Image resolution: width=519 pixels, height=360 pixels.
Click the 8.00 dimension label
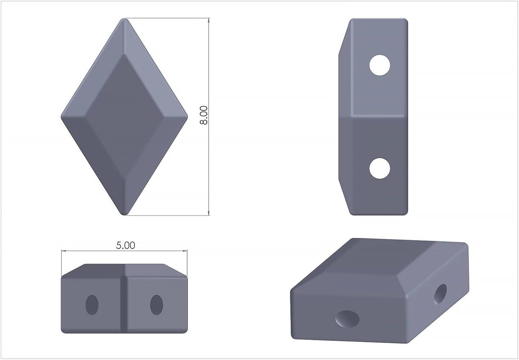click(204, 115)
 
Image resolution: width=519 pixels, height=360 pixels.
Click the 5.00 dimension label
click(125, 245)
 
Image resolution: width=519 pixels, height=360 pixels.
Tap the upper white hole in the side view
click(380, 65)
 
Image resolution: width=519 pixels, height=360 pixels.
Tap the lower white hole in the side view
click(380, 168)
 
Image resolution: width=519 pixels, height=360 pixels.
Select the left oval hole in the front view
click(92, 305)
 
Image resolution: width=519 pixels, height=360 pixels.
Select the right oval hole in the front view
click(156, 305)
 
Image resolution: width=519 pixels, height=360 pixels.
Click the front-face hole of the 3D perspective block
click(347, 319)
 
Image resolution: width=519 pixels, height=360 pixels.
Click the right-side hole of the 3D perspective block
click(440, 294)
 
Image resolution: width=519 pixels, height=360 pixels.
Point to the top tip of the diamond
click(124, 20)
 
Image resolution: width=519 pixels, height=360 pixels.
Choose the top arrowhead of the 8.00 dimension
click(209, 21)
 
